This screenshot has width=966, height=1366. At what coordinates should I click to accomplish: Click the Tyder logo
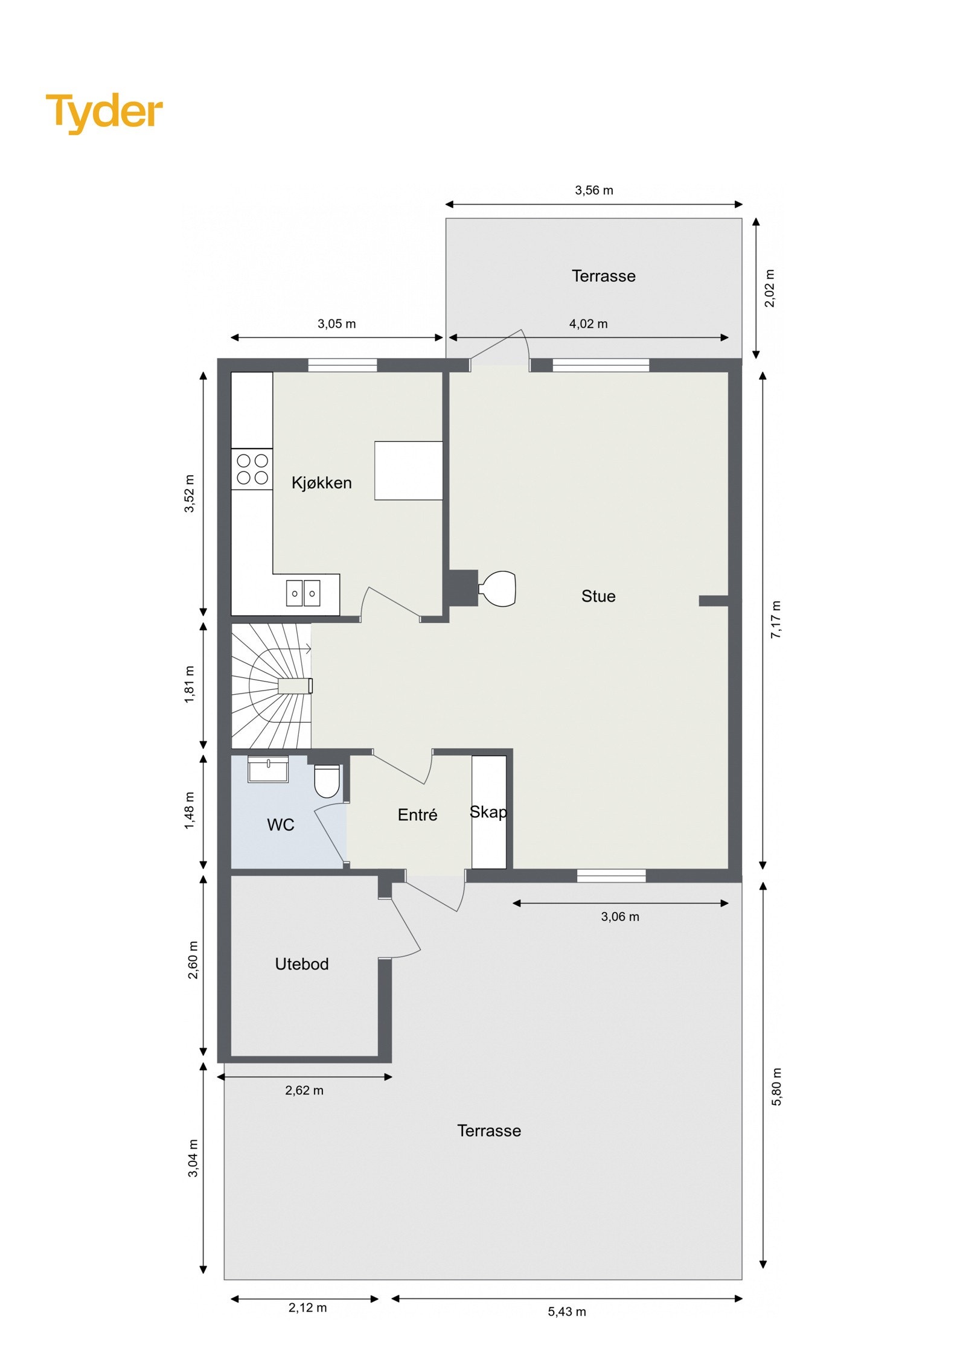(104, 112)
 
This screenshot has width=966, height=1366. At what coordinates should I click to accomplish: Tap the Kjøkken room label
(321, 483)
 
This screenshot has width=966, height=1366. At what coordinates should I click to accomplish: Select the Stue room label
(598, 596)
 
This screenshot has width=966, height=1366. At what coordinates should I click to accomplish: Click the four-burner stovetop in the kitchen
(252, 469)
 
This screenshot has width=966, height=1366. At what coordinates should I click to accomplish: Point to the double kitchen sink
(303, 593)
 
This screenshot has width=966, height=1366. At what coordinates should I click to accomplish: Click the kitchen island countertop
(408, 471)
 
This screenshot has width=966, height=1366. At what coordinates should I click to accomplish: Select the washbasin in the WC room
(268, 769)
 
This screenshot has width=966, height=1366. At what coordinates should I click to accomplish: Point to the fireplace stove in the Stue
(498, 589)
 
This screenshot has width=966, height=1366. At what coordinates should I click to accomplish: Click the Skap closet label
(488, 812)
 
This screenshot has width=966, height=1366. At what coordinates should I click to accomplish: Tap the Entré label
(417, 815)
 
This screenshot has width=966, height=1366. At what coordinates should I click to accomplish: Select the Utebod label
(302, 964)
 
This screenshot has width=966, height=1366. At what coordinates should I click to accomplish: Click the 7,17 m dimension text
(776, 620)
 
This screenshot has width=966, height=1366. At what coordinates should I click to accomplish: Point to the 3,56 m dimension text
(593, 191)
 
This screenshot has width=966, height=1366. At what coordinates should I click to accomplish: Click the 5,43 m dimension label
(566, 1312)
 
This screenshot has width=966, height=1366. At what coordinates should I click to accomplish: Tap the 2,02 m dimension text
(770, 289)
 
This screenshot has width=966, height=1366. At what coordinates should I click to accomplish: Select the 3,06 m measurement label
(619, 917)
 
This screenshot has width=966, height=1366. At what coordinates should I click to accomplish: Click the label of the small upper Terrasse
(603, 276)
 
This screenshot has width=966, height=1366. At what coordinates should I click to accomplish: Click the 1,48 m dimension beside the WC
(190, 810)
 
